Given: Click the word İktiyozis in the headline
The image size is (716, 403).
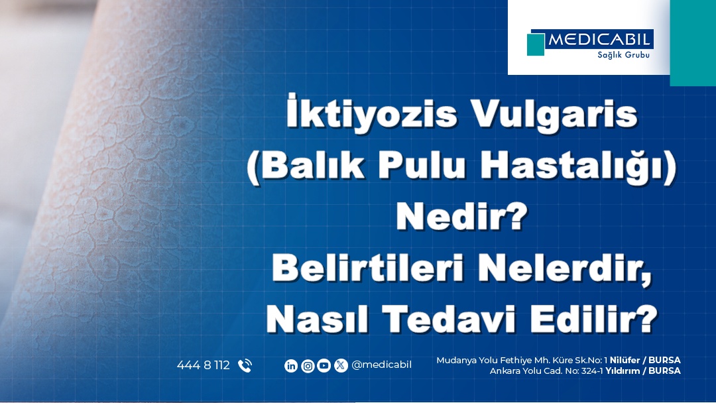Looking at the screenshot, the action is pos(371,111).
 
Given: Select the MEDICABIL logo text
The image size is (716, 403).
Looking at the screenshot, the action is pos(599,39).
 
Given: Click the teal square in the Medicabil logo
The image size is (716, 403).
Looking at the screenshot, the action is pos(536,44).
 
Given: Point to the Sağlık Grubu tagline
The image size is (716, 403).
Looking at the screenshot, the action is pos(623,55).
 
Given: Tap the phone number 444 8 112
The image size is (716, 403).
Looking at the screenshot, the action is pos(204,365).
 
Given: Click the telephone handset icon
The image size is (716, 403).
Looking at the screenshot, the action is pos(245,366).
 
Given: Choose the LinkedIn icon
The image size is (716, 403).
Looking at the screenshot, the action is pos(291,366).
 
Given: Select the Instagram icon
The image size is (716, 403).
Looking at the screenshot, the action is pos(308,366).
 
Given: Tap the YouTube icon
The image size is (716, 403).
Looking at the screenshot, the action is pos(324,366).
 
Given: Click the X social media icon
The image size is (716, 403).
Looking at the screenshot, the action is pos(341,366).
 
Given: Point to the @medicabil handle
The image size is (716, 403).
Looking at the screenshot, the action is pos(381,365).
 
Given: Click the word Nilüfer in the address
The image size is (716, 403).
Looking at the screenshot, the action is pos(625,360).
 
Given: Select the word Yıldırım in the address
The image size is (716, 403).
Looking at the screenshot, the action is pos(623,371).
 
